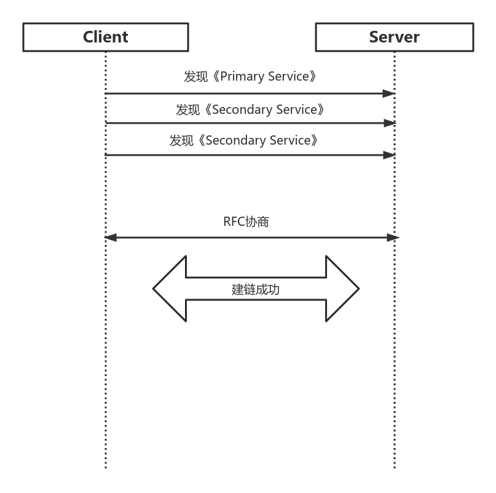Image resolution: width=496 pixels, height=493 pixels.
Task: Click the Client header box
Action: (x=106, y=37)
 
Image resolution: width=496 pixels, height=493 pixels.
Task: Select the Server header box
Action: (x=394, y=37)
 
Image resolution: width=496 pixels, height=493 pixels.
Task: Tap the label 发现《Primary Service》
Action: (x=250, y=76)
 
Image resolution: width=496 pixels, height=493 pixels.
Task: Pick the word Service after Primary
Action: (x=288, y=76)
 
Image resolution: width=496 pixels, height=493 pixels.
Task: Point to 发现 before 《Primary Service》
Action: (x=196, y=76)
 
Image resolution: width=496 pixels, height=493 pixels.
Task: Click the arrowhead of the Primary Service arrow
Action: (x=388, y=94)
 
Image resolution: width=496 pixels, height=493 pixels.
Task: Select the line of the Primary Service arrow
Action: (x=246, y=94)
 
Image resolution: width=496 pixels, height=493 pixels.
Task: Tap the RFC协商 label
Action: (x=246, y=222)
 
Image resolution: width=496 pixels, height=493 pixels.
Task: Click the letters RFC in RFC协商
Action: (x=234, y=222)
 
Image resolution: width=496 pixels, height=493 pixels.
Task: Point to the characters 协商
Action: (x=257, y=222)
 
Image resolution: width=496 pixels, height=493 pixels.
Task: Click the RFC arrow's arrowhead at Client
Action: (x=111, y=238)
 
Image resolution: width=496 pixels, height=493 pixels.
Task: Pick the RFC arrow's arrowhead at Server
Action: (x=393, y=238)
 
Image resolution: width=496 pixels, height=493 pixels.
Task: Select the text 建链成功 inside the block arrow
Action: (x=255, y=289)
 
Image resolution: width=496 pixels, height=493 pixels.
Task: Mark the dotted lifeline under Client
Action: (x=106, y=369)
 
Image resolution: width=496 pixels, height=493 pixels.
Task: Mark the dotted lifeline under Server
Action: (x=394, y=369)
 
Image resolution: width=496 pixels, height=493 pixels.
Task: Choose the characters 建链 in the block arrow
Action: (x=243, y=289)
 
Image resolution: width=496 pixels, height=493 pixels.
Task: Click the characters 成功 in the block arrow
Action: (x=267, y=289)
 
